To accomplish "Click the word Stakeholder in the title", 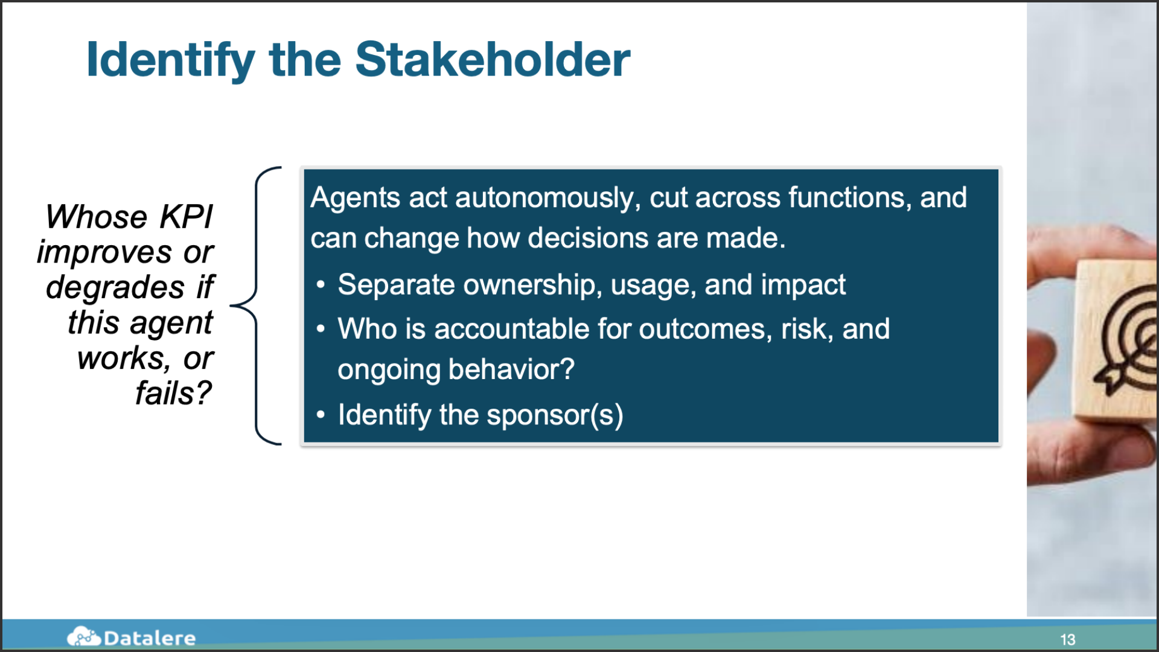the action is tap(493, 59).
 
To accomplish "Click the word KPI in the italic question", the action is tap(186, 217).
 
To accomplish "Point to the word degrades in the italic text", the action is tap(115, 287).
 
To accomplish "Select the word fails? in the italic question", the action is tap(174, 393).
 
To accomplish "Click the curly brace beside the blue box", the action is tap(257, 305).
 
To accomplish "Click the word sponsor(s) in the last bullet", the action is tap(555, 415).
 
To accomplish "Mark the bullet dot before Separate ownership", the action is tap(321, 284).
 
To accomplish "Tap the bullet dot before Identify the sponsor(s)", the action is tap(321, 415).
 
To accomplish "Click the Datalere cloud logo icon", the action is tap(84, 636).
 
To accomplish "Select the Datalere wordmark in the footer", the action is tap(150, 638).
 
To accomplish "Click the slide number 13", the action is tap(1068, 639).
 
